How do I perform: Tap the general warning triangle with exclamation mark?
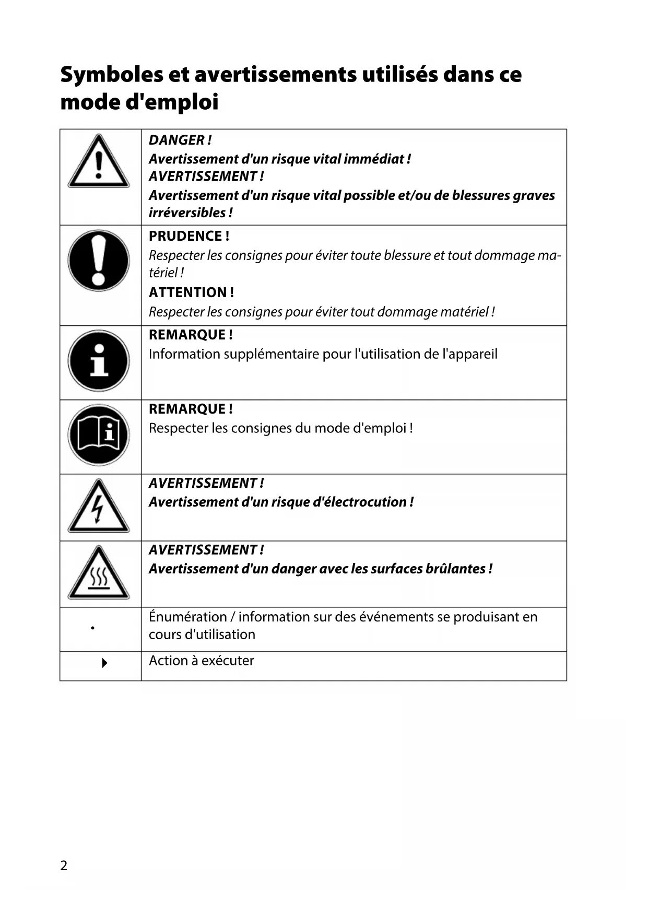pyautogui.click(x=99, y=161)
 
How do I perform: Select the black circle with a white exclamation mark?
pyautogui.click(x=99, y=260)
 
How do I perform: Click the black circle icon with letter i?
pyautogui.click(x=99, y=360)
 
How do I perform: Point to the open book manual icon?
pyautogui.click(x=99, y=434)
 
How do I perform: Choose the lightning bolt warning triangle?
pyautogui.click(x=99, y=507)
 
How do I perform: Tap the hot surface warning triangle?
pyautogui.click(x=99, y=573)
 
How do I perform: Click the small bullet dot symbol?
pyautogui.click(x=93, y=628)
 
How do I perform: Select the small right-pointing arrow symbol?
pyautogui.click(x=104, y=663)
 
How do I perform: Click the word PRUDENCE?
pyautogui.click(x=185, y=236)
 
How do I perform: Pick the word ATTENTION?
pyautogui.click(x=188, y=292)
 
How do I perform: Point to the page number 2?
pyautogui.click(x=64, y=865)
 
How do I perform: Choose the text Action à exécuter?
pyautogui.click(x=202, y=661)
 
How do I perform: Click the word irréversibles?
pyautogui.click(x=187, y=213)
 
